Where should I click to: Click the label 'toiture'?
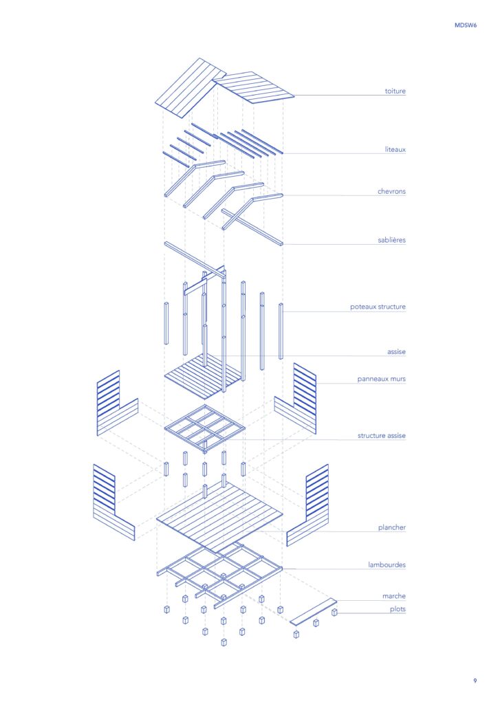coord(395,91)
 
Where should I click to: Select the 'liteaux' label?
coord(395,149)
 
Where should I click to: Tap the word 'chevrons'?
coord(391,191)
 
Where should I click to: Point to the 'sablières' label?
coord(391,240)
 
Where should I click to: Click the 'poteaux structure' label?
coord(378,307)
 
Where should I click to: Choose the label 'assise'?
coord(396,352)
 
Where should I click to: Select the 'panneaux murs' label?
coord(381,379)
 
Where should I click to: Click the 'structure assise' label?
coord(382,435)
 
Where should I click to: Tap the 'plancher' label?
coord(392,527)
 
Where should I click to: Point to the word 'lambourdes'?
coord(387,565)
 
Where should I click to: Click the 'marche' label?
coord(394,596)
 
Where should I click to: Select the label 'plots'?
coord(398,609)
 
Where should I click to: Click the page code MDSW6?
coord(466,25)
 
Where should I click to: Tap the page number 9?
coord(475,681)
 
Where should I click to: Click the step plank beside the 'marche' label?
coord(314,611)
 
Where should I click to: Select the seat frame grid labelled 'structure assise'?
coord(205,428)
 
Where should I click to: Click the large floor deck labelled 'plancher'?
coord(219,517)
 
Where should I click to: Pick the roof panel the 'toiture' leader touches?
coord(253,88)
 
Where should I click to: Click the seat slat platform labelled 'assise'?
coord(203,376)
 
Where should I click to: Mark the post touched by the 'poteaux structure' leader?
coord(281,331)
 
